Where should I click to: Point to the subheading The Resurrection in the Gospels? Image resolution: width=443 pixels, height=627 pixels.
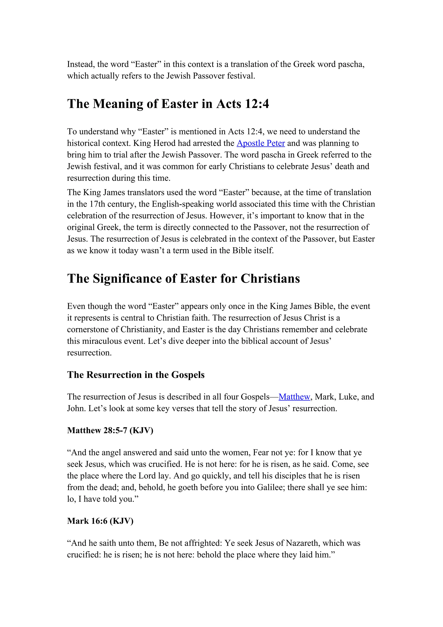(x=136, y=375)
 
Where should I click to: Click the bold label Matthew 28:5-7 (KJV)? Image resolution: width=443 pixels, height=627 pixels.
(x=110, y=430)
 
